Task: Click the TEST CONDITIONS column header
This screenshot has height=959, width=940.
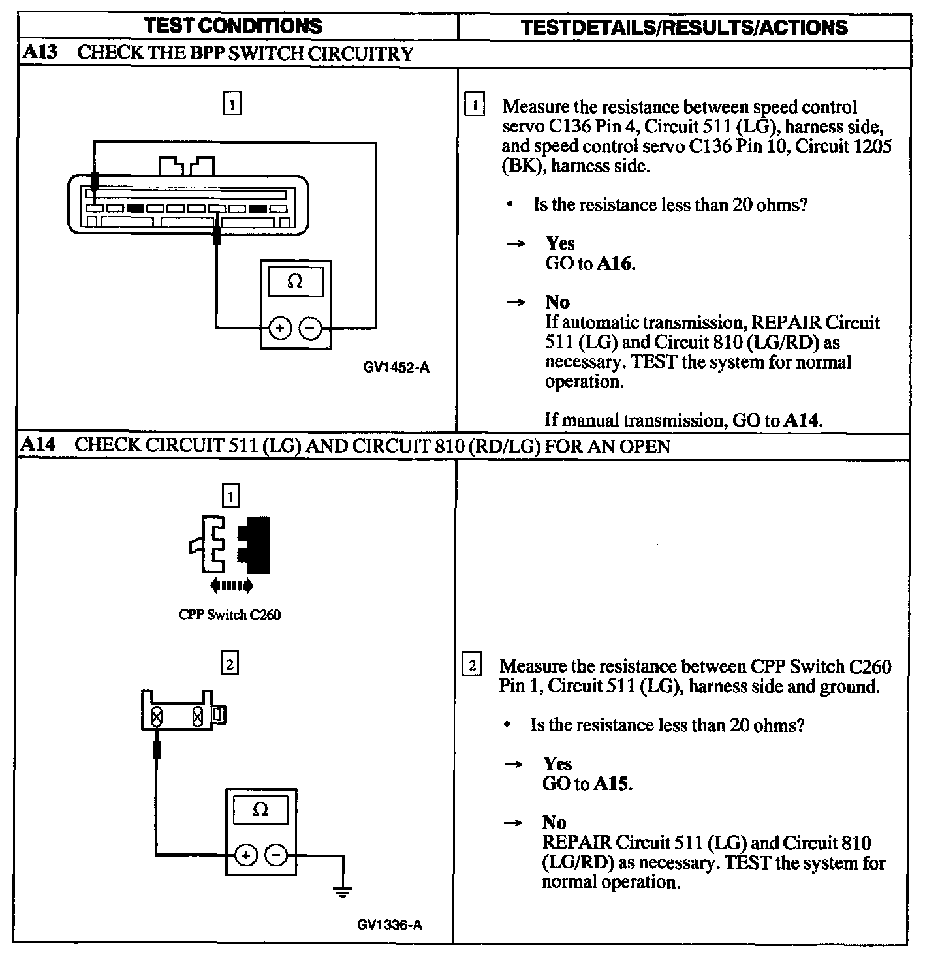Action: [x=232, y=26]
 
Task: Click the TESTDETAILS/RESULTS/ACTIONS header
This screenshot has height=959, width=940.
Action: [x=685, y=27]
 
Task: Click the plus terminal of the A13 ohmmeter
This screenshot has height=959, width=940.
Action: [x=280, y=328]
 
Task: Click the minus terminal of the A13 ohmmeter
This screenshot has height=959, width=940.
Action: [x=310, y=328]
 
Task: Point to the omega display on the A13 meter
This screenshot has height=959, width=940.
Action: [x=295, y=282]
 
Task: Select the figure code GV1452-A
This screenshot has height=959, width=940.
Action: [x=396, y=368]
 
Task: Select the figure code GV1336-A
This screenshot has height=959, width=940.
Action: [x=390, y=924]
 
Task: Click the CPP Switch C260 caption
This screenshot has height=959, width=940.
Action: [x=229, y=615]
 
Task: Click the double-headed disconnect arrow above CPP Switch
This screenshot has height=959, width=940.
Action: [x=231, y=586]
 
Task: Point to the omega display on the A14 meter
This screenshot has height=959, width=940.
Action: [x=260, y=810]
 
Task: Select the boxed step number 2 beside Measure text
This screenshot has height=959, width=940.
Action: [x=473, y=666]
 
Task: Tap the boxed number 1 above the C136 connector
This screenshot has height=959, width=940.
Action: [x=232, y=104]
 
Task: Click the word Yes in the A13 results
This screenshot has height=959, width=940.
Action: [x=560, y=243]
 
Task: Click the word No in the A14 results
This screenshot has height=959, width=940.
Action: [x=554, y=823]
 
